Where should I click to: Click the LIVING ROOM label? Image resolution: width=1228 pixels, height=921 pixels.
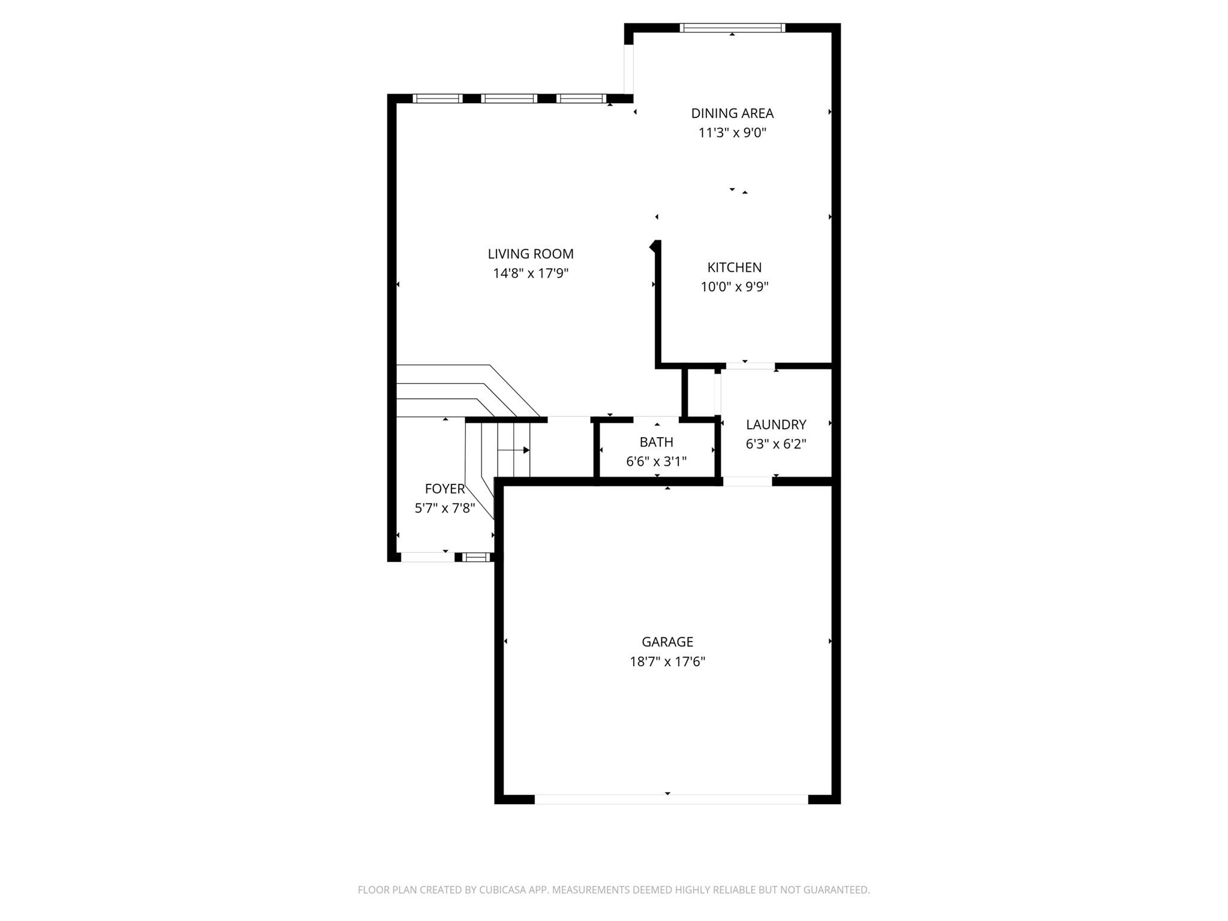point(530,254)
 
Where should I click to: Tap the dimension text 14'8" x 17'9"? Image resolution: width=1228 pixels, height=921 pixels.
point(530,273)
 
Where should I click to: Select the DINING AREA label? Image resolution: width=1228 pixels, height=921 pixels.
point(732,113)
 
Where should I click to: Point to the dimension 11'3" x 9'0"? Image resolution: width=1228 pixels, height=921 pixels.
point(732,133)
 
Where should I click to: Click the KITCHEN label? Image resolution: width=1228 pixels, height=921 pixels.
point(734,267)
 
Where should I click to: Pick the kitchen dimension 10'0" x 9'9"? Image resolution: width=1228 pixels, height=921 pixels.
point(734,287)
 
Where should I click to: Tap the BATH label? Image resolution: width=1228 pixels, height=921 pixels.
point(656,442)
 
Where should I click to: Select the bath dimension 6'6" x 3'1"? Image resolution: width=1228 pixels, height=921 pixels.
point(656,462)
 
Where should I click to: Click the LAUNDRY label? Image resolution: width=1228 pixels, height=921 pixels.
point(776,425)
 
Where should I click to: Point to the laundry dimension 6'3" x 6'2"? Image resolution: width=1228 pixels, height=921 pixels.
point(776,444)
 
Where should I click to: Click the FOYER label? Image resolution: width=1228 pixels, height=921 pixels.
point(444,489)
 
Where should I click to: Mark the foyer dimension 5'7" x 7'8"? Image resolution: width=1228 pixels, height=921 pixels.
point(444,508)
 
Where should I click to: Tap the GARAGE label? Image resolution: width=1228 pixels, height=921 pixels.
point(667,642)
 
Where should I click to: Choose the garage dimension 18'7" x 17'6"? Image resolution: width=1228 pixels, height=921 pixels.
point(667,662)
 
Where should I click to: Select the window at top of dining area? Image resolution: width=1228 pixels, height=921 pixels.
point(732,28)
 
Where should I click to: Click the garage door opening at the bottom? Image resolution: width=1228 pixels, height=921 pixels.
point(671,799)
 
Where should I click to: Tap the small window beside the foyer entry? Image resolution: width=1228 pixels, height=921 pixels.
point(477,557)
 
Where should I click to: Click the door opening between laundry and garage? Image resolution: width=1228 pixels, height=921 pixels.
point(747,481)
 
